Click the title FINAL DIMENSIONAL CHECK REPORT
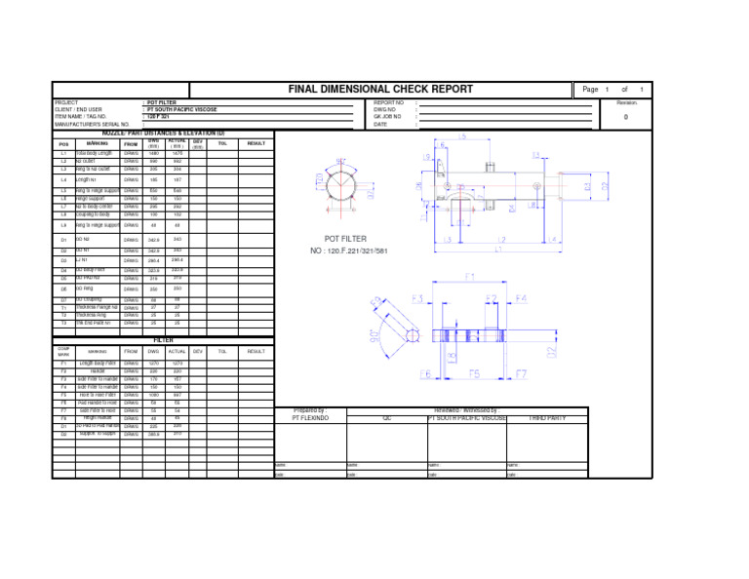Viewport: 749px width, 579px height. click(380, 89)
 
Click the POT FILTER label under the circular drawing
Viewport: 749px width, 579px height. click(345, 239)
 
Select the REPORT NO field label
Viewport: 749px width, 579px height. click(388, 102)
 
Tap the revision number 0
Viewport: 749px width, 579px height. click(625, 117)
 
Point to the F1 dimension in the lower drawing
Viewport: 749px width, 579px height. click(470, 277)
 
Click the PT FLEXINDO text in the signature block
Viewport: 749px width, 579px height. click(310, 417)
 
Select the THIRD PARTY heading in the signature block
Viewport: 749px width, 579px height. click(546, 417)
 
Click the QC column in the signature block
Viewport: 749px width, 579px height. click(386, 417)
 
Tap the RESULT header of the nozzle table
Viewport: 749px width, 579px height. click(256, 143)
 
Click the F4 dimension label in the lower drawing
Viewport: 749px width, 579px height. click(522, 298)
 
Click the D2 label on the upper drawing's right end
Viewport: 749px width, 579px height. click(604, 184)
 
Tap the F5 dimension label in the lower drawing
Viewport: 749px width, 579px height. click(475, 373)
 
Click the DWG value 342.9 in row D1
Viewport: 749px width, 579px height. click(153, 240)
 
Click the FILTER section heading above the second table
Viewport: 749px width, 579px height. click(163, 340)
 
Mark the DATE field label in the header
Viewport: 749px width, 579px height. click(380, 124)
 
